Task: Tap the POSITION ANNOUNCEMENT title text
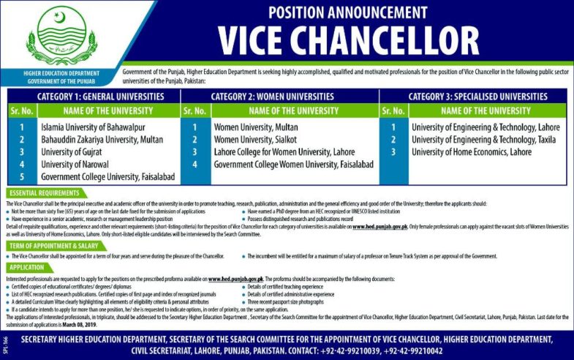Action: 347,12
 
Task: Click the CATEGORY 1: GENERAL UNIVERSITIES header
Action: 92,97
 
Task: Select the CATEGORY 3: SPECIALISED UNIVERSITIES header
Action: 477,97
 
